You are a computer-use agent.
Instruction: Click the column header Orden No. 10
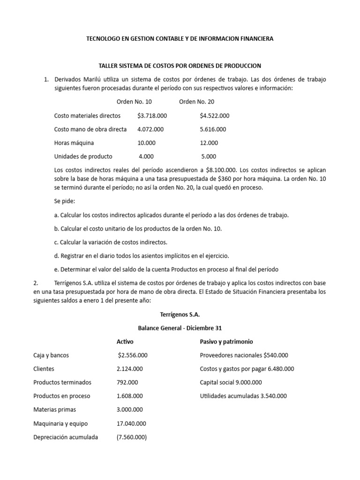point(134,102)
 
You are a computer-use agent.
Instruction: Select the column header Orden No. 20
point(197,102)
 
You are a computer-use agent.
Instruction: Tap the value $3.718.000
point(152,115)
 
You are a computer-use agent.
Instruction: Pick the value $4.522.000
point(214,115)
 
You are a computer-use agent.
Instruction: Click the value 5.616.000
point(213,129)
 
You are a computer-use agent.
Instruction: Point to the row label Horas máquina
point(74,142)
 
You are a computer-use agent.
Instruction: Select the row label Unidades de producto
point(83,156)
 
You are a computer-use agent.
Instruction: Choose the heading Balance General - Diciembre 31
point(180,328)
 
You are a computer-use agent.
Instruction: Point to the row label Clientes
point(44,368)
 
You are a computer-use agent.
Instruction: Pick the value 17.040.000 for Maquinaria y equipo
point(131,423)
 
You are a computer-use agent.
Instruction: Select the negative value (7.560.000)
point(132,437)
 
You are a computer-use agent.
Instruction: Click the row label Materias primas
point(54,409)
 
